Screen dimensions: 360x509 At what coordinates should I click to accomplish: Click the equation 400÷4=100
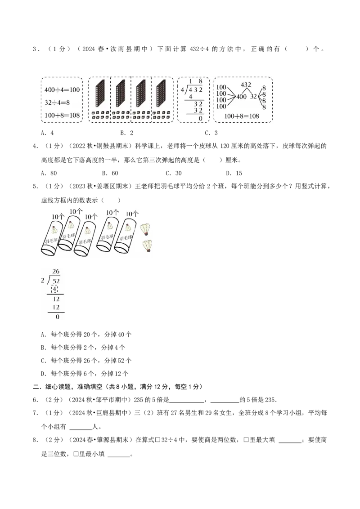pyautogui.click(x=62, y=90)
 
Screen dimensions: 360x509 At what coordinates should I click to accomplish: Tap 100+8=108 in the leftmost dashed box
pyautogui.click(x=62, y=115)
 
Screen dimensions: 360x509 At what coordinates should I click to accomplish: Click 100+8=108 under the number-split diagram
pyautogui.click(x=242, y=116)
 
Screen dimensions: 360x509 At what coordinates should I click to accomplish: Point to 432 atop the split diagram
pyautogui.click(x=246, y=85)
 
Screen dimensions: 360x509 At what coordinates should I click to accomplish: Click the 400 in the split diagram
pyautogui.click(x=241, y=96)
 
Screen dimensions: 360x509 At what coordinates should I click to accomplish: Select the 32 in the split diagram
pyautogui.click(x=253, y=96)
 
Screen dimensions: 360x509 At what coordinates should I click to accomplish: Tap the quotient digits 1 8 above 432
pyautogui.click(x=196, y=81)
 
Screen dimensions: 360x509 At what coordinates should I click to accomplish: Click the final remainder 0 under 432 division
pyautogui.click(x=200, y=118)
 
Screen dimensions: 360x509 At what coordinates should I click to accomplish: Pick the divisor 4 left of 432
pyautogui.click(x=182, y=89)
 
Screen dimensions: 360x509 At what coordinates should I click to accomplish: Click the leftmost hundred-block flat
pyautogui.click(x=100, y=94)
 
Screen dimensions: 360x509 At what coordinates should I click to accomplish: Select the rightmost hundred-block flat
pyautogui.click(x=161, y=94)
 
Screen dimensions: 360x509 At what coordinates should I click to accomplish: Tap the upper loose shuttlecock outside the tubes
pyautogui.click(x=145, y=229)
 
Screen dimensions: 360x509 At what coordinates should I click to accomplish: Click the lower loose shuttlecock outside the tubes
pyautogui.click(x=146, y=246)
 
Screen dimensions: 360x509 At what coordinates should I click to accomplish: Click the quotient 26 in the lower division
pyautogui.click(x=56, y=271)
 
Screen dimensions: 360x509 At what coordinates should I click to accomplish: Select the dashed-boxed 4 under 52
pyautogui.click(x=54, y=289)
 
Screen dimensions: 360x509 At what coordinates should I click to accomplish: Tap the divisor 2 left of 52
pyautogui.click(x=42, y=281)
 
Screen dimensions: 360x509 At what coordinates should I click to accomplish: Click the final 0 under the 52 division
pyautogui.click(x=57, y=317)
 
